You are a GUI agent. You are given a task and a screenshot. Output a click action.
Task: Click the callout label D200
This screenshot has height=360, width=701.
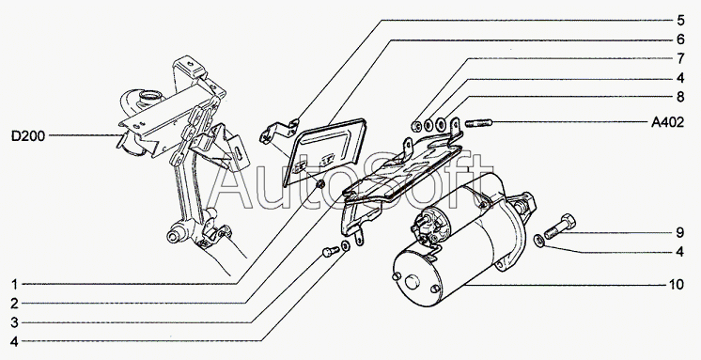28,136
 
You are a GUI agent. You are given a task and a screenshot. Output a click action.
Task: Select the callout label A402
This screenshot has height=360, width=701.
667,122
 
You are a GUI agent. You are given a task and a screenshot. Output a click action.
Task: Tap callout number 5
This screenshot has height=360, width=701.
680,20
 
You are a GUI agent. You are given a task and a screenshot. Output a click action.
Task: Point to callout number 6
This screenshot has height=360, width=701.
680,39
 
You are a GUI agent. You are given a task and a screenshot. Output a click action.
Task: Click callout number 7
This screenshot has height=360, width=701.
680,58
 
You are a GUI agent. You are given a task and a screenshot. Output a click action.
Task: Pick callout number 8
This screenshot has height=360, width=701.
680,97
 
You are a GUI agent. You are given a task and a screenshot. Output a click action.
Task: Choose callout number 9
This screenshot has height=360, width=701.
680,232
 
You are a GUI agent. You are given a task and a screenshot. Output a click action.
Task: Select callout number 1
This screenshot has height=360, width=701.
15,285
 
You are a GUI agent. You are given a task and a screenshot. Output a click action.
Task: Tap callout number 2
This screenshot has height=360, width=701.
15,304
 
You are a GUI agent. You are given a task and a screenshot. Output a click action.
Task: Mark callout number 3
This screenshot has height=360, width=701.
15,322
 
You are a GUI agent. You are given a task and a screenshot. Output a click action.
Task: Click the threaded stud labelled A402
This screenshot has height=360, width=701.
478,122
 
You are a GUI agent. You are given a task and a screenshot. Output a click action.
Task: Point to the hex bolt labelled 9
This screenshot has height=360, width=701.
560,227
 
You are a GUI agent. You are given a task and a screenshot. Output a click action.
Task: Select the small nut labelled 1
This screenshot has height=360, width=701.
319,184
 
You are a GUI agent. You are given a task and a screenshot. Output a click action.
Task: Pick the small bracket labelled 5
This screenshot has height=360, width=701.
279,132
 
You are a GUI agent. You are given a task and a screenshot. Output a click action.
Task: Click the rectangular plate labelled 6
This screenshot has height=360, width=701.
324,152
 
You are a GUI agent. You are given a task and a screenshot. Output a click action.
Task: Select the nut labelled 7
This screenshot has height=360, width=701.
416,127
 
